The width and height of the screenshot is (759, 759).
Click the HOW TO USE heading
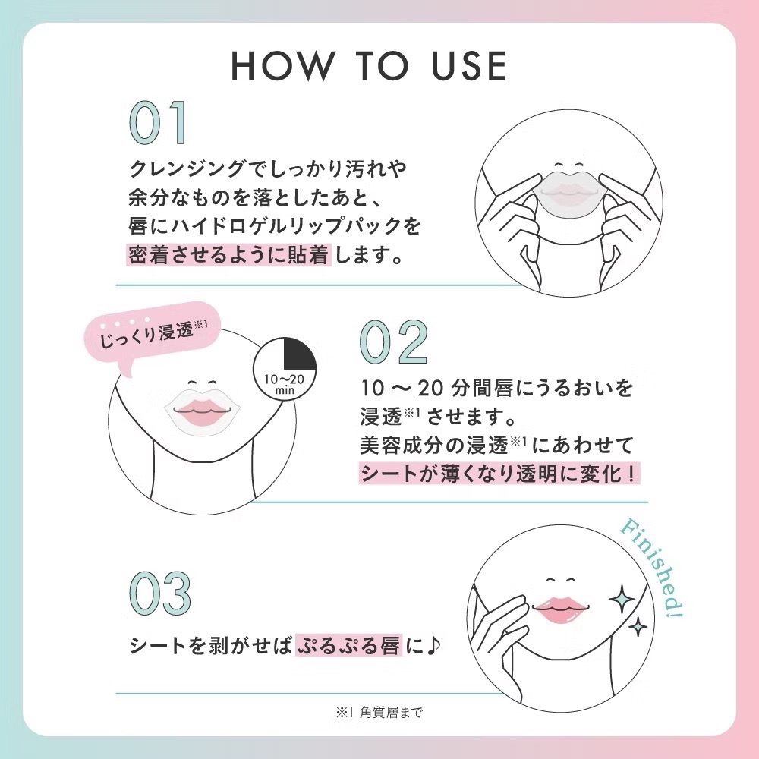tap(369, 65)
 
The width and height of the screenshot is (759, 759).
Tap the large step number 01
tap(159, 123)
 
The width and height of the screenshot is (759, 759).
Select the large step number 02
tap(394, 342)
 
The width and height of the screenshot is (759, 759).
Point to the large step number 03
tap(160, 594)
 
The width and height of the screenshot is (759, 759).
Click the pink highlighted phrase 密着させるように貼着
tap(229, 254)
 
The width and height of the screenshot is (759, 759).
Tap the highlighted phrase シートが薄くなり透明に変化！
tap(499, 474)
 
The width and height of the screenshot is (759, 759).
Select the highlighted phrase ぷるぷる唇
tap(348, 645)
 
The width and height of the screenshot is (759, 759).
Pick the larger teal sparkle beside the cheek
tap(622, 600)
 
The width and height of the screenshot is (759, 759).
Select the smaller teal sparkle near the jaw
tap(638, 628)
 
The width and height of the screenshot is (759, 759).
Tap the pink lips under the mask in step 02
tap(203, 411)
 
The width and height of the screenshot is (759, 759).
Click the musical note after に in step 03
tap(433, 645)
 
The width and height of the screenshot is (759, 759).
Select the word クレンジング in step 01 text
tap(187, 168)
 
